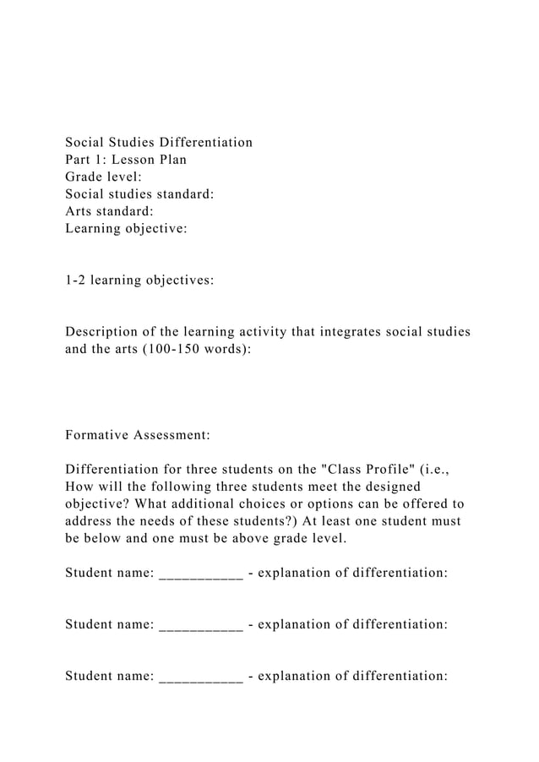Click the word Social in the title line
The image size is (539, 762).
(x=88, y=142)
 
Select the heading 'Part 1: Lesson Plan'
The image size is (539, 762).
(x=126, y=159)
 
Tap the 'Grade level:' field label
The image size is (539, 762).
(x=103, y=177)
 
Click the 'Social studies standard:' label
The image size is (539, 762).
(x=139, y=193)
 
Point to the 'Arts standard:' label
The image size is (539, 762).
(x=109, y=210)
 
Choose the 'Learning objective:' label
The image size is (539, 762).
(x=126, y=228)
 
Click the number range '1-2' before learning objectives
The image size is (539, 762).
(x=77, y=279)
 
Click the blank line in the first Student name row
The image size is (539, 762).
(x=200, y=575)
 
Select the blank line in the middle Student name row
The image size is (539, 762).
(x=200, y=627)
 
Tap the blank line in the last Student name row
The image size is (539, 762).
(x=200, y=678)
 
